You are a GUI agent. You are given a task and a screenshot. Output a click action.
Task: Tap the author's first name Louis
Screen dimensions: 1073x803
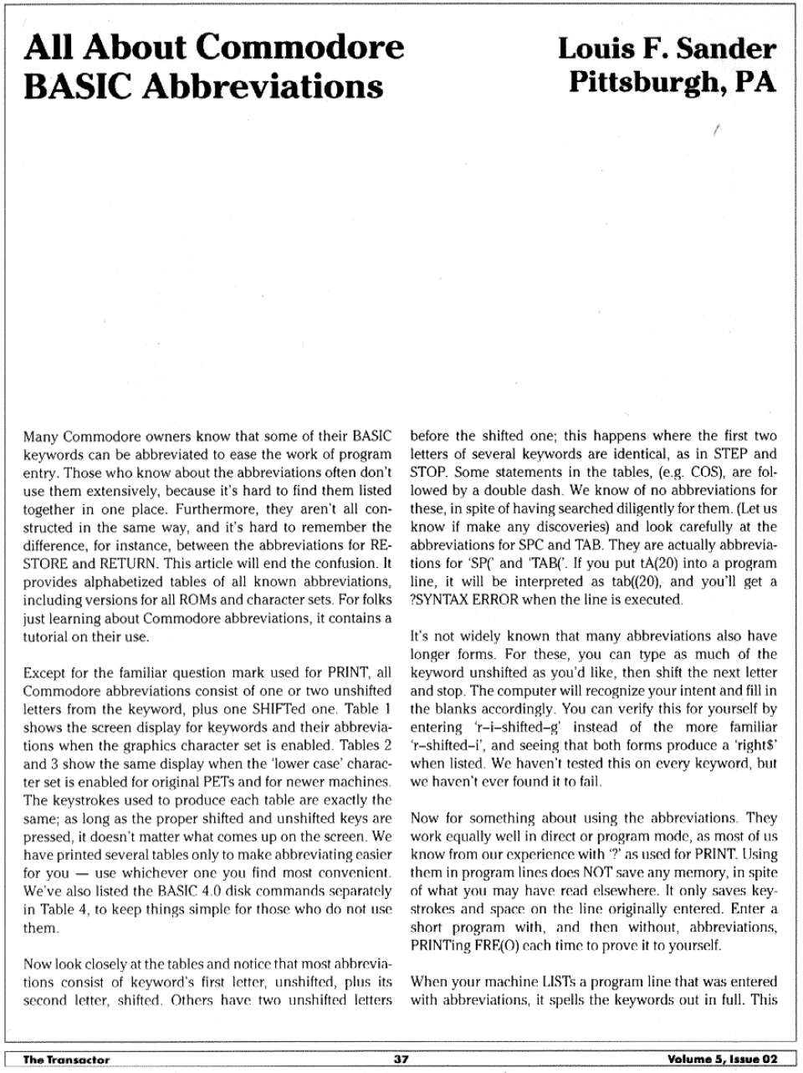pos(592,48)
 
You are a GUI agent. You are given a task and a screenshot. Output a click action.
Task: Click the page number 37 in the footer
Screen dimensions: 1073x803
pos(401,1059)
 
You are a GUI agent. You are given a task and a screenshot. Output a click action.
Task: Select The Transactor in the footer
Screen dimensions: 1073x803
pos(66,1059)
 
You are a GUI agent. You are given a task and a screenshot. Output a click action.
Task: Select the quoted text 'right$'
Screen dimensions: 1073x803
pos(755,745)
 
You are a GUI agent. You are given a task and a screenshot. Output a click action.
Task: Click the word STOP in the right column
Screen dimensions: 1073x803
pos(429,473)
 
